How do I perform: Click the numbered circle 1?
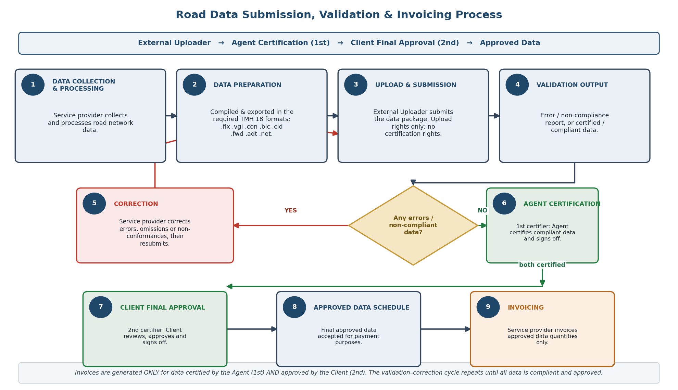click(x=33, y=85)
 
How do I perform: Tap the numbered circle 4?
click(x=517, y=85)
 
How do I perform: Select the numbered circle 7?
click(x=101, y=307)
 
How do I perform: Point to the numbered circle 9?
click(x=488, y=307)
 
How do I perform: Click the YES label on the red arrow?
click(x=290, y=211)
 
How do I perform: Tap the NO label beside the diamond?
click(x=482, y=211)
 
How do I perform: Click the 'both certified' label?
click(x=542, y=265)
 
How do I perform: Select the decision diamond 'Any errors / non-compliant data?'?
click(x=413, y=225)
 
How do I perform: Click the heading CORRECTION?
click(x=136, y=204)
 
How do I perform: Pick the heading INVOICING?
click(x=526, y=308)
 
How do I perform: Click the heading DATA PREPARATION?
click(x=247, y=85)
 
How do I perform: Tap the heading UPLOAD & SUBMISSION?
click(x=416, y=85)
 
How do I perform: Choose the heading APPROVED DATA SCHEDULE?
click(x=361, y=308)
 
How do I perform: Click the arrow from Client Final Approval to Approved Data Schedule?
click(x=252, y=329)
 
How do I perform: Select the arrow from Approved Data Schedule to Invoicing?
click(x=445, y=329)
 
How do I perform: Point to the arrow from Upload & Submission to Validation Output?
click(x=494, y=116)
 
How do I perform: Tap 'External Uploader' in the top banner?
click(x=174, y=43)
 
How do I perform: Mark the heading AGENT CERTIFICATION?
click(x=562, y=204)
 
